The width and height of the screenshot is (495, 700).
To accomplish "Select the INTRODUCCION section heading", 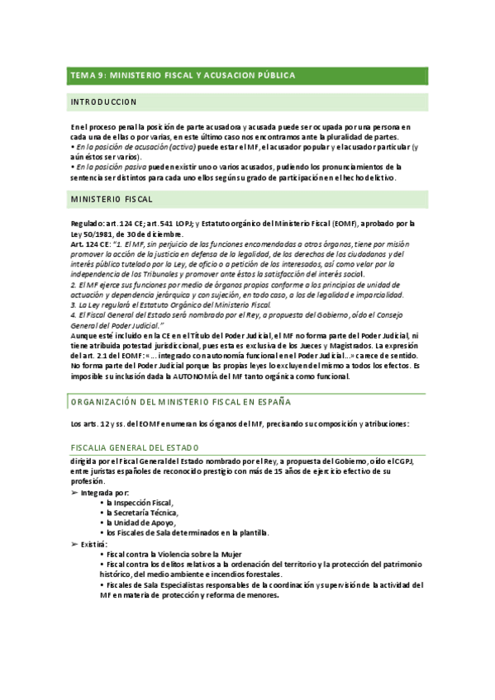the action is point(103,102).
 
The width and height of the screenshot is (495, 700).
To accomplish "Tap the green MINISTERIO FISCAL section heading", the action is point(112,199).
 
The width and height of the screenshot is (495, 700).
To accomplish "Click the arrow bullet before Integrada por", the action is point(74,492).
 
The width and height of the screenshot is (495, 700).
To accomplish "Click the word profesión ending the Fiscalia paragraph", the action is point(89,480).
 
